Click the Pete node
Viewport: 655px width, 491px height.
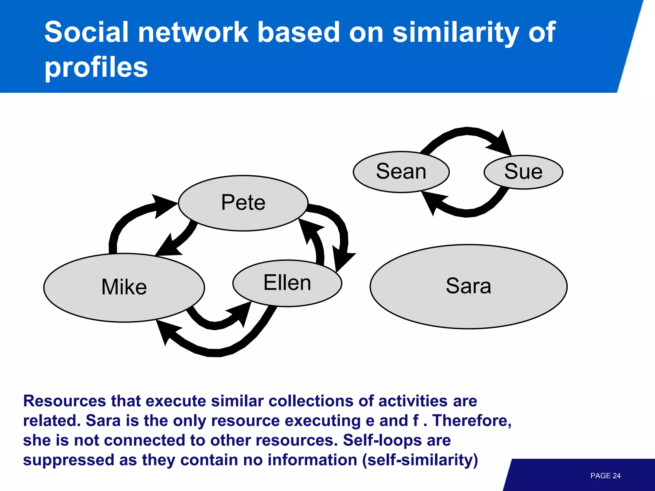(243, 203)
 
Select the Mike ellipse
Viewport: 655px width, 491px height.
(124, 287)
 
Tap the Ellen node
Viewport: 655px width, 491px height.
(287, 283)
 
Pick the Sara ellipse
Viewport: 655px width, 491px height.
(468, 286)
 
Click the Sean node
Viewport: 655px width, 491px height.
(401, 172)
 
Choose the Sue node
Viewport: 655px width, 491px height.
(523, 172)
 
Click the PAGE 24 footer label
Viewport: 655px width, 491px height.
(605, 476)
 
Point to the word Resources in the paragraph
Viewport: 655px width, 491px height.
(64, 401)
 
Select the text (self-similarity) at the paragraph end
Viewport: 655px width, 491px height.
(420, 460)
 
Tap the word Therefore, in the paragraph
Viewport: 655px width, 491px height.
(472, 420)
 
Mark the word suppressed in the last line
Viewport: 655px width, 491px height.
(68, 460)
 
